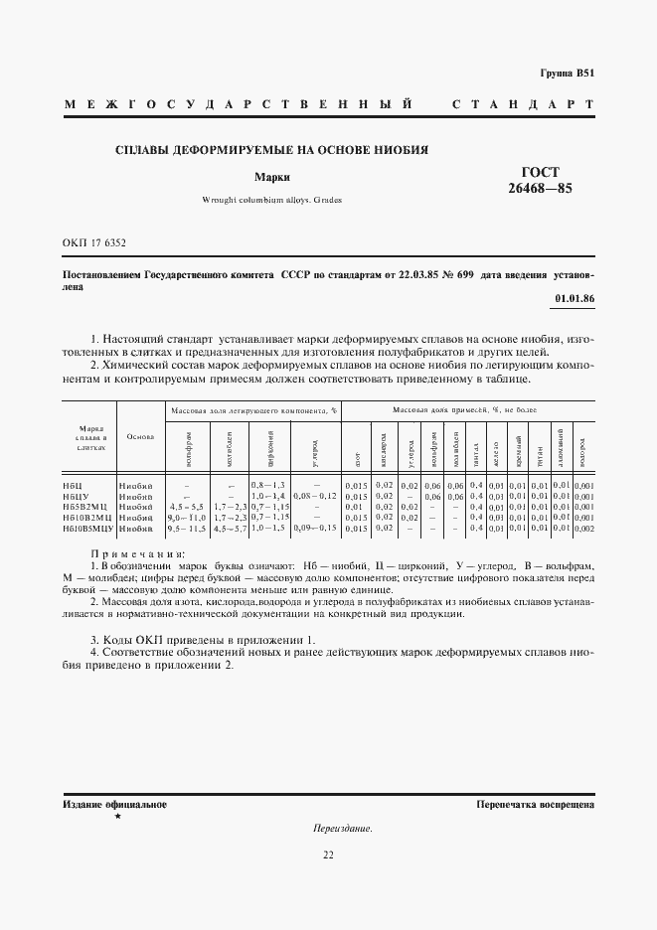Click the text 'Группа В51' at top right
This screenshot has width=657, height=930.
click(567, 74)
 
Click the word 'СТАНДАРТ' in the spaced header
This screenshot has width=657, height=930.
click(523, 105)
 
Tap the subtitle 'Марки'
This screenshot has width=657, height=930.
click(271, 178)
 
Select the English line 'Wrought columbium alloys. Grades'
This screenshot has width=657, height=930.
click(271, 200)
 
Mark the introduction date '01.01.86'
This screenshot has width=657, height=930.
click(574, 299)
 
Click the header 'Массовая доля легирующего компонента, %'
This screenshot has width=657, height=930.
click(254, 410)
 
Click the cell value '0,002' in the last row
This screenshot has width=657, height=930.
click(584, 530)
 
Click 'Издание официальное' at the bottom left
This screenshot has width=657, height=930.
click(114, 804)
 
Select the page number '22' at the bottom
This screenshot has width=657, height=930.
click(328, 854)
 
